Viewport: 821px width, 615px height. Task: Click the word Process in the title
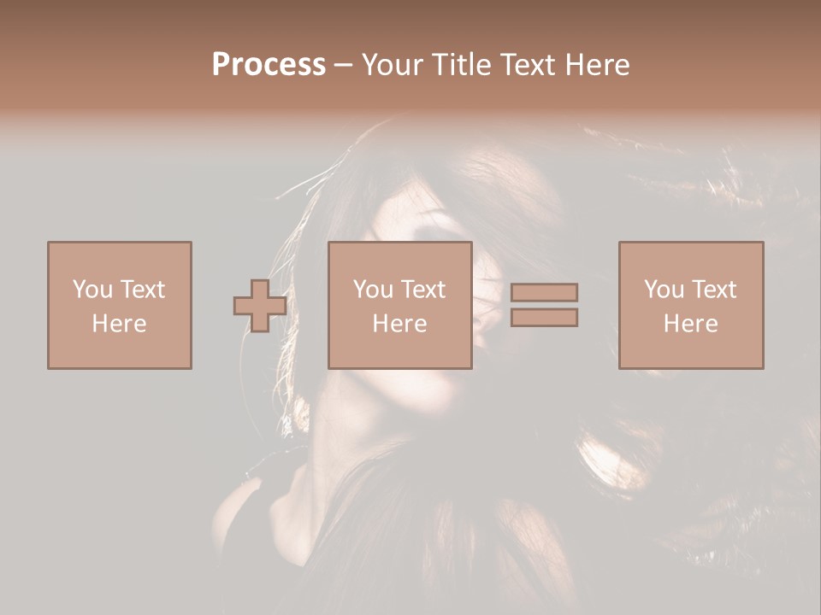269,64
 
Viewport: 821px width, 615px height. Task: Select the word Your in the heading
393,64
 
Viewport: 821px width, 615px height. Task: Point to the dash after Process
344,65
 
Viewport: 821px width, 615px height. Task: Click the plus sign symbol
260,305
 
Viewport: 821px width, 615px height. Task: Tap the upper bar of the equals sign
544,292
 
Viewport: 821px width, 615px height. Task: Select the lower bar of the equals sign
544,318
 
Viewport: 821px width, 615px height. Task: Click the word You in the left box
92,289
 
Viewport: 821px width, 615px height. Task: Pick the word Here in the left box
119,323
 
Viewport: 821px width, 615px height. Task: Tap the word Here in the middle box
399,323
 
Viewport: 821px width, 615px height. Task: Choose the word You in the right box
664,289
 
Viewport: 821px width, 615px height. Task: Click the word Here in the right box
690,323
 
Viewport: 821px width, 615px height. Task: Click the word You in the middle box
373,289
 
